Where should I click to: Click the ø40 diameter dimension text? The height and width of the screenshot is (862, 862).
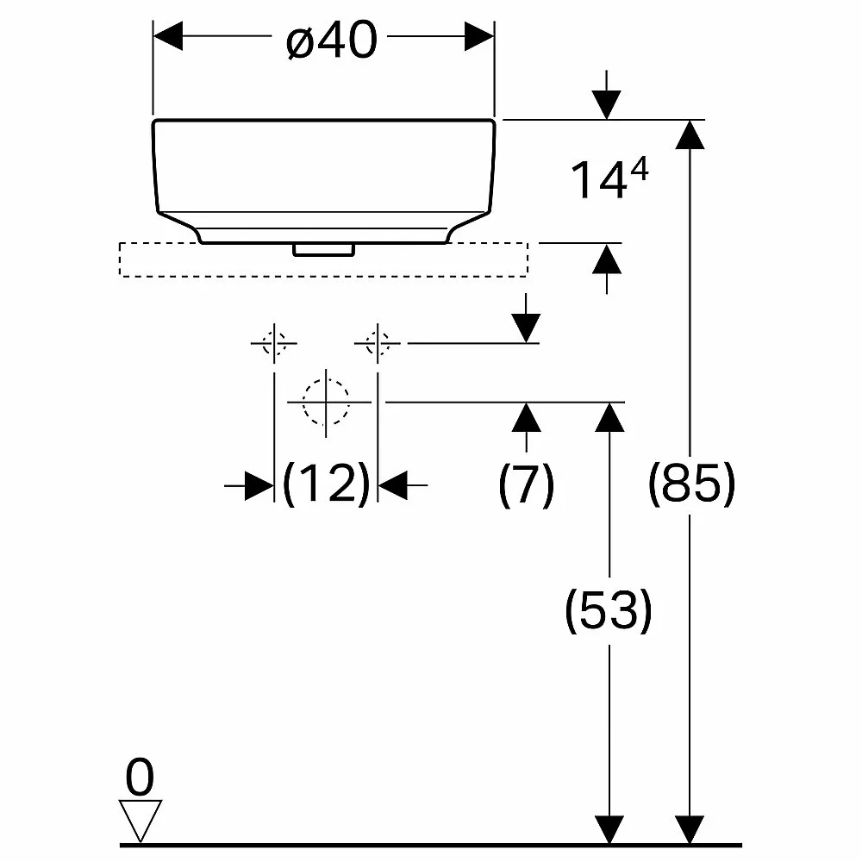tap(332, 40)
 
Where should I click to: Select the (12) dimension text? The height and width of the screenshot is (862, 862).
tap(326, 484)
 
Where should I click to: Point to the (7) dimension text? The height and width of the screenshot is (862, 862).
tap(526, 484)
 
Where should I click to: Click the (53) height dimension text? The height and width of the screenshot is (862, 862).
tap(609, 610)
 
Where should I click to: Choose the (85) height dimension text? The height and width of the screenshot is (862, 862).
tap(691, 484)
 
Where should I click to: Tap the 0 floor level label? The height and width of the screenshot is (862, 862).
tap(140, 777)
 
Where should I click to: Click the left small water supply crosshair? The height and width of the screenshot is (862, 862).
tap(274, 344)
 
